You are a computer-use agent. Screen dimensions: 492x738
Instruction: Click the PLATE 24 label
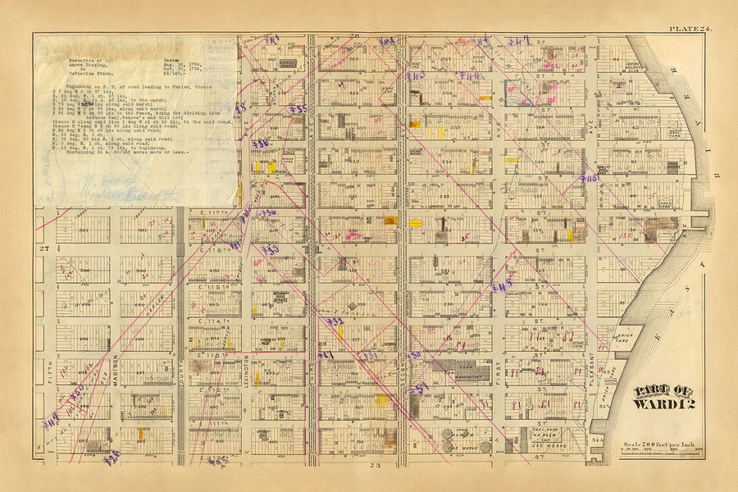tap(690, 29)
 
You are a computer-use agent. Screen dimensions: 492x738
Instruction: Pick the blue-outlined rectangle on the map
tap(519, 93)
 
